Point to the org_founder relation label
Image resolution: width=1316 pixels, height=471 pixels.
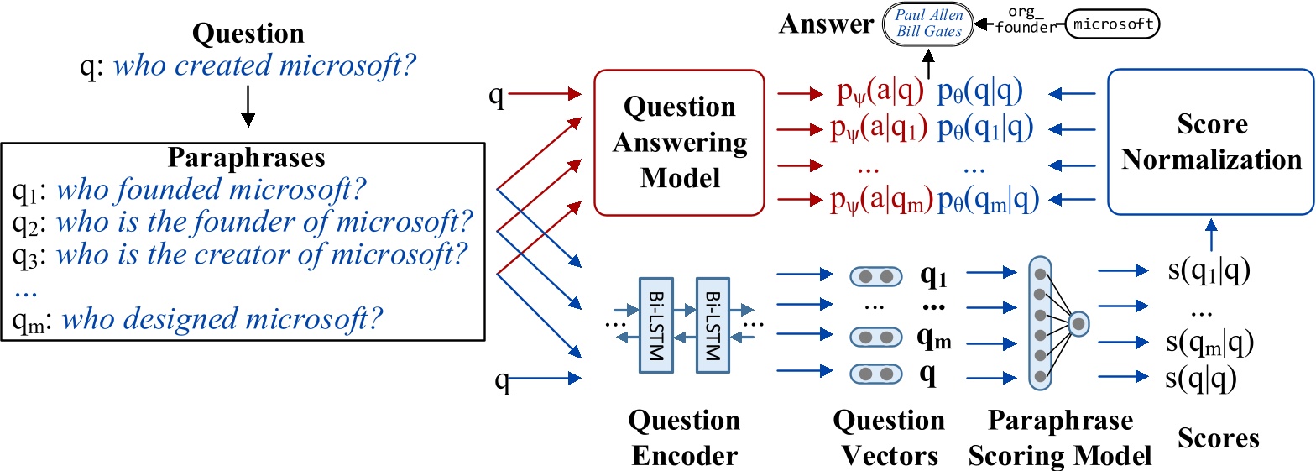[x=1022, y=25]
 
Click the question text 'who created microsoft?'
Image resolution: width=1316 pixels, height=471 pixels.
[x=264, y=65]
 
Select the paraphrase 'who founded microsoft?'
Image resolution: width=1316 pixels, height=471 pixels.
[x=210, y=191]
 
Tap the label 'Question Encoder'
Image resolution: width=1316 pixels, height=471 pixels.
[x=686, y=437]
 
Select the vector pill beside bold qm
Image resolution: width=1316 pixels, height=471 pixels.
[x=875, y=338]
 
